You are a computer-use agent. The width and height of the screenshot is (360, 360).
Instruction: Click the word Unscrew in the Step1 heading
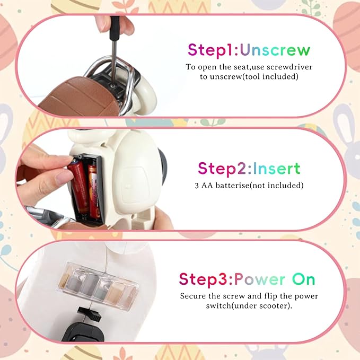click(275, 50)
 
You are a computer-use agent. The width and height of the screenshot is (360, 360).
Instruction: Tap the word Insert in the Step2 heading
click(276, 168)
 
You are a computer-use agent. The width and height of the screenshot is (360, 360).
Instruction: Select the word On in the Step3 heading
click(303, 279)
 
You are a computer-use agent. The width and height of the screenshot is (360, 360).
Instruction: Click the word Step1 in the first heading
click(211, 50)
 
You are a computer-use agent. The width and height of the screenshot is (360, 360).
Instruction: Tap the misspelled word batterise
click(232, 185)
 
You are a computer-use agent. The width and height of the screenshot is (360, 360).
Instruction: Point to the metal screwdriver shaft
click(113, 60)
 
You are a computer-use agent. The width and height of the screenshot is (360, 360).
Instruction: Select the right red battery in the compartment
click(94, 190)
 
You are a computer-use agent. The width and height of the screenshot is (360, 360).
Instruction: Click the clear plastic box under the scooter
click(98, 285)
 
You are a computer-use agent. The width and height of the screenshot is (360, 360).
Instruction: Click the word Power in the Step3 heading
click(260, 279)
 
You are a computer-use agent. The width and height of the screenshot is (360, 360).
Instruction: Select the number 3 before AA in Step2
click(197, 186)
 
